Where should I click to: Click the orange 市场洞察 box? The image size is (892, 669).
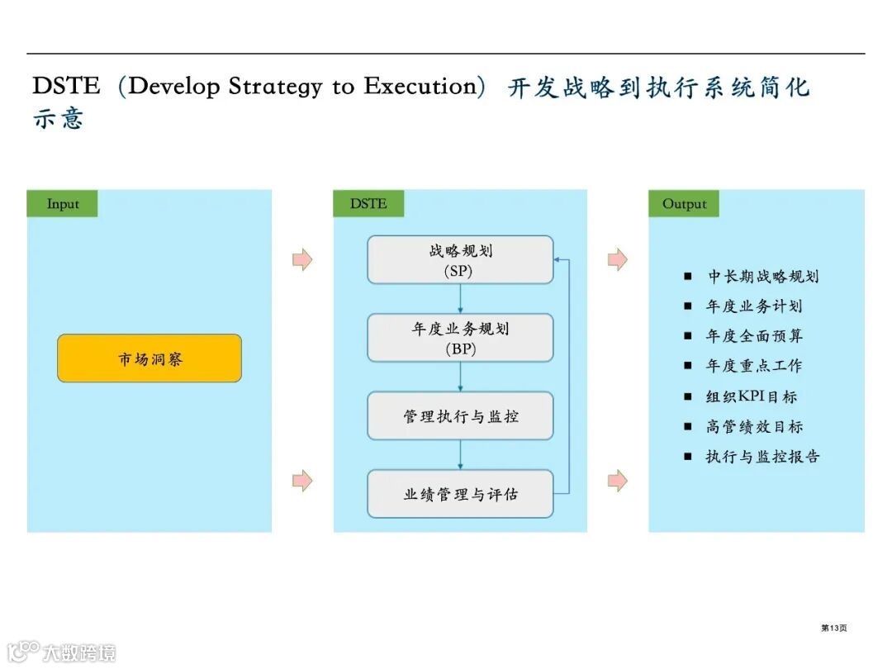click(149, 358)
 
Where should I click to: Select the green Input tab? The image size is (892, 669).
click(63, 204)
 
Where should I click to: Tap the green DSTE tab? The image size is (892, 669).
click(368, 204)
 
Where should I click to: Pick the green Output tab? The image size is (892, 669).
click(684, 204)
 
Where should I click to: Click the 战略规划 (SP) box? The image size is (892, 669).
click(460, 260)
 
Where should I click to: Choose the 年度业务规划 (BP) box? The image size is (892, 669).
click(460, 338)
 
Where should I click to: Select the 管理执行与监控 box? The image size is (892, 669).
click(460, 416)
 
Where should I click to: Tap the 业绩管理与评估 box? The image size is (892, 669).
click(460, 494)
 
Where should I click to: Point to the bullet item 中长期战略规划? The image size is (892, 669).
click(762, 277)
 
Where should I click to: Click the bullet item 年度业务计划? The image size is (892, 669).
click(753, 306)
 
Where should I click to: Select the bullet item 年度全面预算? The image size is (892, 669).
click(753, 336)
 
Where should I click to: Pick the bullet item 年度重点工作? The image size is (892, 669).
click(753, 366)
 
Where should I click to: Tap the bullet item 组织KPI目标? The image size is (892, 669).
click(751, 396)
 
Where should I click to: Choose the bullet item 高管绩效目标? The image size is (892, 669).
click(753, 426)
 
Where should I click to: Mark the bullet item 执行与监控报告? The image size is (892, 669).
click(762, 456)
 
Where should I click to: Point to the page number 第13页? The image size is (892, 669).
click(833, 629)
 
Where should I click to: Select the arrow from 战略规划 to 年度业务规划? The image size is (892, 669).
click(460, 299)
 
